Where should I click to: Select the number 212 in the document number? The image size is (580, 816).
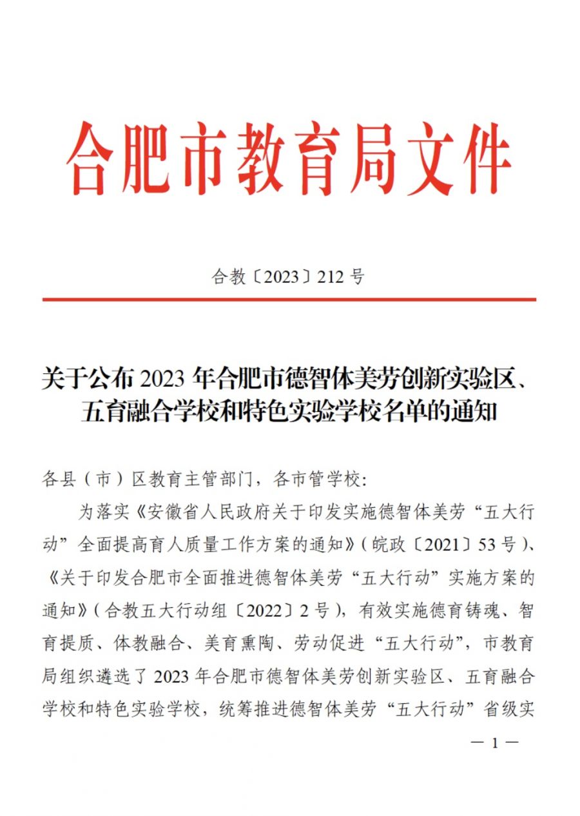coord(331,277)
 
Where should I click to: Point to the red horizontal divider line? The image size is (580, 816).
coord(289,300)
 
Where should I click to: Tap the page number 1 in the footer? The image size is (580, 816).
coord(495,743)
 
